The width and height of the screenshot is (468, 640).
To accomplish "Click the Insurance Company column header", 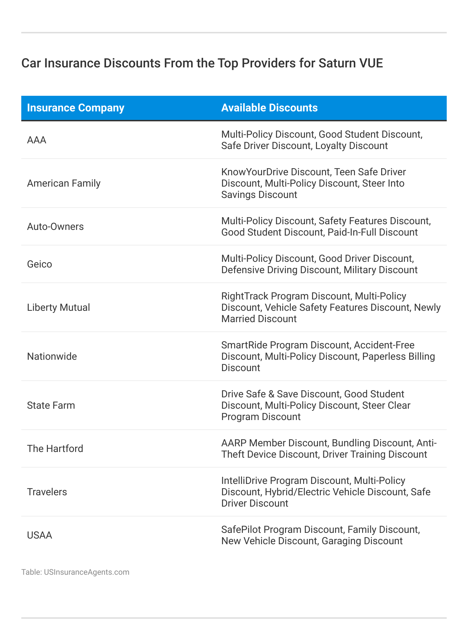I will [x=76, y=108].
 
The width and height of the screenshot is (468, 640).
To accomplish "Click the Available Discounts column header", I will [x=269, y=108].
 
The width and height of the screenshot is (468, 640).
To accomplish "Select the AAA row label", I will [x=37, y=140].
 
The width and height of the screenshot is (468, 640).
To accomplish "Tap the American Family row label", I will [x=64, y=183].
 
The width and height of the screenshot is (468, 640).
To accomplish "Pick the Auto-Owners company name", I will [x=55, y=227].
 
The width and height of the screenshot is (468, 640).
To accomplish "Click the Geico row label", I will [x=39, y=264].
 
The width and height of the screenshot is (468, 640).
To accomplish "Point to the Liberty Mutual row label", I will [x=58, y=308].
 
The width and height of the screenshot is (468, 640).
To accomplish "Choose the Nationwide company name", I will [x=52, y=357].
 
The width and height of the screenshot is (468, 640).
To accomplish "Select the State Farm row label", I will [x=51, y=405].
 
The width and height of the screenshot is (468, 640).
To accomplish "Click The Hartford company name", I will [x=55, y=449].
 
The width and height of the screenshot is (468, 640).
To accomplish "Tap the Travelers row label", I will [x=47, y=492].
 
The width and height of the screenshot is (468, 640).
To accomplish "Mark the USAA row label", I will [x=39, y=535].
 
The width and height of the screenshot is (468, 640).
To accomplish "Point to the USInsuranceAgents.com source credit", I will [x=87, y=572].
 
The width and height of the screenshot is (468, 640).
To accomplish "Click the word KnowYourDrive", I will [x=255, y=172].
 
